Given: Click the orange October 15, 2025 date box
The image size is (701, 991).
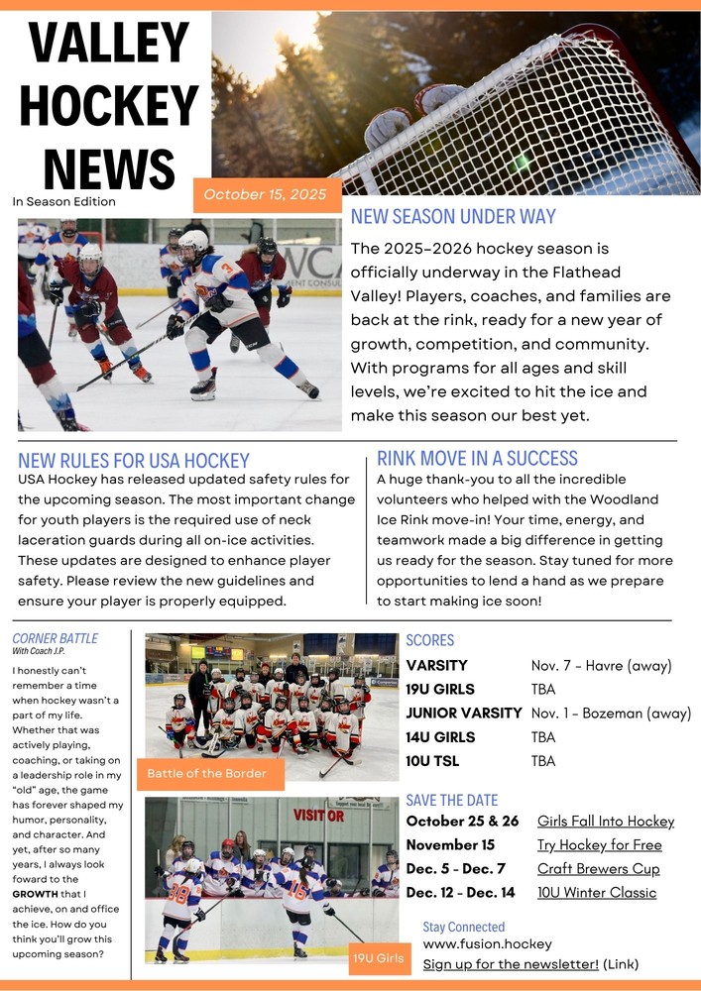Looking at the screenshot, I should (265, 195).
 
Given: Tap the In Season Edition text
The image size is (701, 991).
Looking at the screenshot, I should (64, 201).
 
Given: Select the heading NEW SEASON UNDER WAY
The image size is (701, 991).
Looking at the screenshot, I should (453, 217).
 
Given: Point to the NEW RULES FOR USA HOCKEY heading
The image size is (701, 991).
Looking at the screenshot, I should (134, 460).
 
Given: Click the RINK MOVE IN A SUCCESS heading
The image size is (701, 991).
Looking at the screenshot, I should (477, 458).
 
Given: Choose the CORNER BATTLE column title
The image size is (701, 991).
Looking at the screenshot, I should (56, 638).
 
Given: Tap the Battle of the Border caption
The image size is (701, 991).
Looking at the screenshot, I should (207, 773).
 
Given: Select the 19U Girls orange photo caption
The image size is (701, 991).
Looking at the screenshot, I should (378, 958).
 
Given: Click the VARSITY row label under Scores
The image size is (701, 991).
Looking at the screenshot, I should (436, 665).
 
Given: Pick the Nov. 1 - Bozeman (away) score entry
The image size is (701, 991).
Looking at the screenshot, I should (611, 714).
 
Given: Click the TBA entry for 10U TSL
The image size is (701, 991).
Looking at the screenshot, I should (543, 761).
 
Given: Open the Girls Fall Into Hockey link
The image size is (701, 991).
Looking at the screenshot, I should (605, 821).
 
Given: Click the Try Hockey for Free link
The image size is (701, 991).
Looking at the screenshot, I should (599, 844).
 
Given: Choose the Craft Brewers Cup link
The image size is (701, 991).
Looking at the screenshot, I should (598, 868).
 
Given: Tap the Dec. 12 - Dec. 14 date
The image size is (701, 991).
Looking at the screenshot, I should (461, 892).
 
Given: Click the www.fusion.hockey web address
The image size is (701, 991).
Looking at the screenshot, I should (487, 943).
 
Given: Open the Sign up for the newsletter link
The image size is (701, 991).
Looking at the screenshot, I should (511, 963).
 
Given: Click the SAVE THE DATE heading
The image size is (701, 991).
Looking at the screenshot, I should (452, 800).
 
